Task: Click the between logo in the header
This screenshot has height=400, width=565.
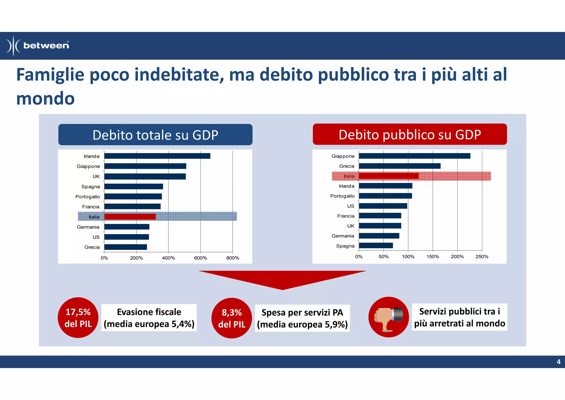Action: coord(38,46)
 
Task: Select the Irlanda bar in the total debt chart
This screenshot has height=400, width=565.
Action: coord(157,156)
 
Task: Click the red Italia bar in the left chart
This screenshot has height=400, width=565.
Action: coord(130,217)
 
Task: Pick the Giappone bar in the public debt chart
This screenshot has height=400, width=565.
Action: coord(414,156)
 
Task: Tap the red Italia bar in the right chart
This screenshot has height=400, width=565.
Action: coord(388,176)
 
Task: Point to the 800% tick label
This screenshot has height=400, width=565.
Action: coord(233,258)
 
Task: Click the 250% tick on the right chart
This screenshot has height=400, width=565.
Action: coord(482,257)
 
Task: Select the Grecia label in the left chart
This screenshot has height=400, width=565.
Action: coord(92,247)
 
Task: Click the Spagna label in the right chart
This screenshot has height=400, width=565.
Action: coord(345,246)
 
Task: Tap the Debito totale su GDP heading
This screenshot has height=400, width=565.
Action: coord(155,135)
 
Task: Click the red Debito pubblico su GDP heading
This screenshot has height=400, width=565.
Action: coord(410,134)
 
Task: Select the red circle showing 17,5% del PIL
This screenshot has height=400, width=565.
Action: coord(78,318)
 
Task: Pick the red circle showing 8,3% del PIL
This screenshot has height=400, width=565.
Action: coord(232,318)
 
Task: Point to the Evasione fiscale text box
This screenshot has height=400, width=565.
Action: coord(149,318)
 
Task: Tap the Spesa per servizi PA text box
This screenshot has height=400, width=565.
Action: coord(302,318)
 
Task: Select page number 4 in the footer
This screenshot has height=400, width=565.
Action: coord(558,362)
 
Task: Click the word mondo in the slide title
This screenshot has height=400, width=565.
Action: coord(46,98)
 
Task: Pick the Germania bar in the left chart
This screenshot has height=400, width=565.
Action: coord(127,227)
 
